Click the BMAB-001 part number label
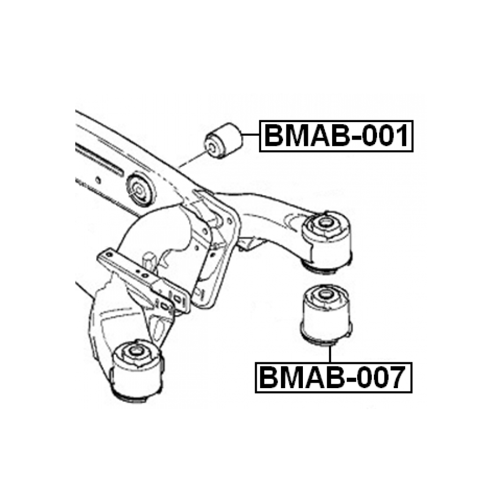pos(336,136)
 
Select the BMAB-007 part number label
pos(333,377)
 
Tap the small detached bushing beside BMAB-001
pos(224,141)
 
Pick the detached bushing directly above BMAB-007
pos(326,312)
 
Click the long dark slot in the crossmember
pos(99,159)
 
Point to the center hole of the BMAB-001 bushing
pos(211,146)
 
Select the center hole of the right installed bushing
pos(325,223)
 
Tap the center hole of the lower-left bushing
pos(135,350)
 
